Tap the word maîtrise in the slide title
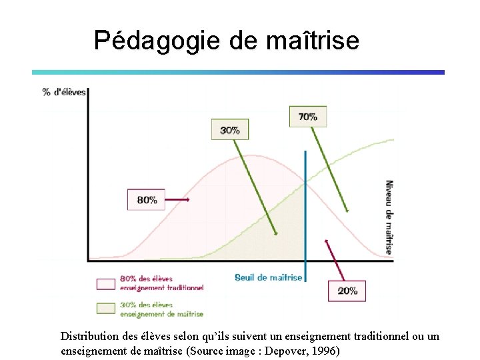pos(312,41)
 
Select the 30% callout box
pos(230,129)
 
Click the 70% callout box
pos(307,116)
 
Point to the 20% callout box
pos(347,291)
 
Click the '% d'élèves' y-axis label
pos(65,92)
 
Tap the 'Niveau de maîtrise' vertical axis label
pos(389,217)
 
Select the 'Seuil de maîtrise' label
pos(268,277)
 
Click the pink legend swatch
pos(106,284)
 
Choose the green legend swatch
pos(106,309)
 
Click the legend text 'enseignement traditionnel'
pos(161,288)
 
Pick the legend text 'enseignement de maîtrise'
pos(161,313)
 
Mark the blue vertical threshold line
pos(305,213)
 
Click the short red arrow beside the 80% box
pos(177,199)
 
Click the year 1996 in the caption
pos(324,351)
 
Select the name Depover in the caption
pos(281,351)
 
